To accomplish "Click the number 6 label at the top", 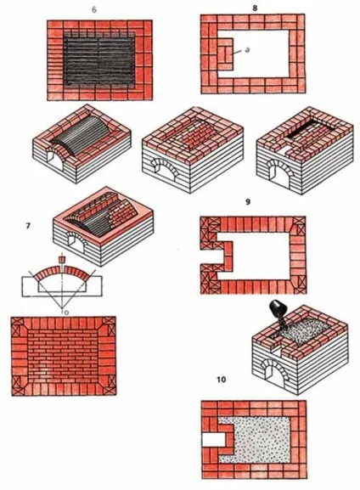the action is click(x=94, y=9).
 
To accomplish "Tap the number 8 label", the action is click(x=255, y=8).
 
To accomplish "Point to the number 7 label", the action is click(x=28, y=226).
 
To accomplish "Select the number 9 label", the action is click(x=248, y=202).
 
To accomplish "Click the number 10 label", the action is click(x=222, y=380).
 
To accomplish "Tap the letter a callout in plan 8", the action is click(x=248, y=50).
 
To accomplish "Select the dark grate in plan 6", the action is click(x=99, y=59).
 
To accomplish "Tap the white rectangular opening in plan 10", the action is click(x=213, y=440).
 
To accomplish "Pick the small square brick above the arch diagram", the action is click(x=63, y=260).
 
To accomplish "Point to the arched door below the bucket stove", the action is click(x=275, y=370).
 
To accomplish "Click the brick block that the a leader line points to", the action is click(x=225, y=54).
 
